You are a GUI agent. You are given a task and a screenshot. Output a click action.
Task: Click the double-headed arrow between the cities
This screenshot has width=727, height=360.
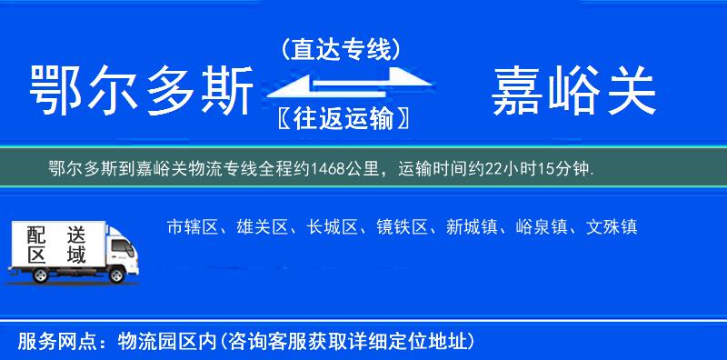point(339,85)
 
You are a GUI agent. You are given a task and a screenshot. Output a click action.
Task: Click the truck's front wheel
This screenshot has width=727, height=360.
point(117,274)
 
